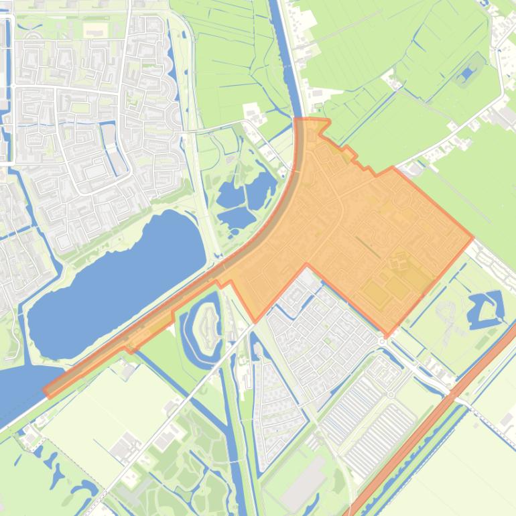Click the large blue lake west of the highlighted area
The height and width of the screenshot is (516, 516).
coord(114,281)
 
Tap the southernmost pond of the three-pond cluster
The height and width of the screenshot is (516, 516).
coord(236,217)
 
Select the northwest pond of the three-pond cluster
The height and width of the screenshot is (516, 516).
coord(231,195)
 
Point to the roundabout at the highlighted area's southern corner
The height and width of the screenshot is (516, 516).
coord(383,341)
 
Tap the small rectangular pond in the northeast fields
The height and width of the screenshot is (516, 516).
coord(466,76)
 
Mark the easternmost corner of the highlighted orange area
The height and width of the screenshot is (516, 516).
coord(472,237)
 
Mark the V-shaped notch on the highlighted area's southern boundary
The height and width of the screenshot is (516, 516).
coord(307,266)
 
